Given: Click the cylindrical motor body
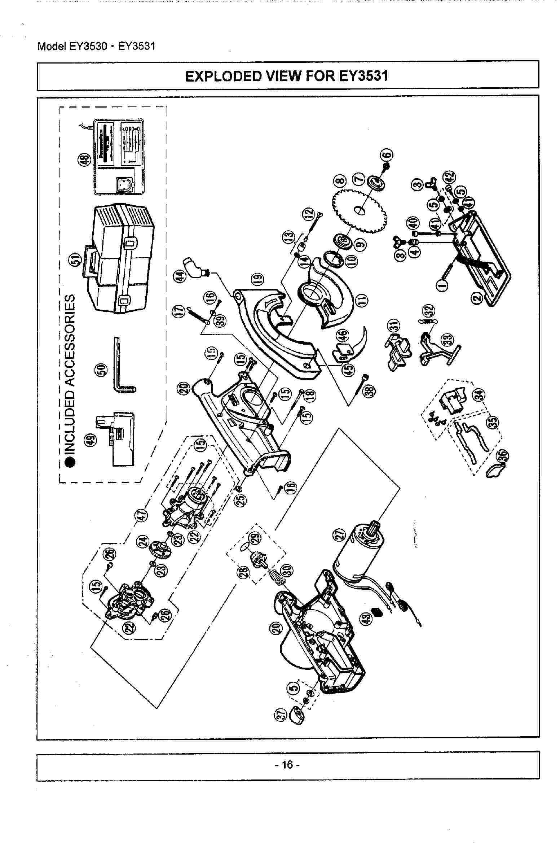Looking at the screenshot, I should tap(357, 556).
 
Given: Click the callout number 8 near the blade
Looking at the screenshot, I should tap(340, 181).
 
